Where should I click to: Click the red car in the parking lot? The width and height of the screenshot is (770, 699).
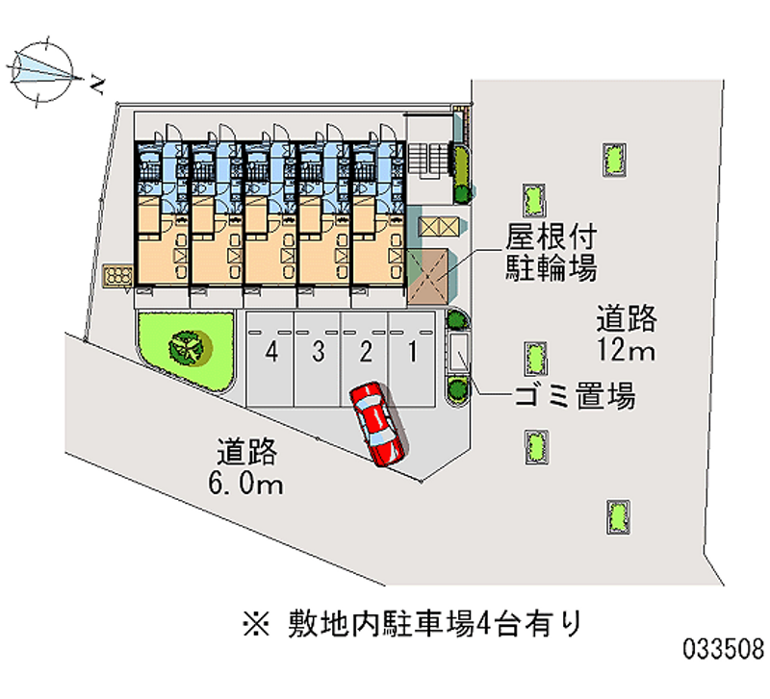click(377, 424)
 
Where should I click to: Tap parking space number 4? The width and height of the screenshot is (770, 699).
click(270, 359)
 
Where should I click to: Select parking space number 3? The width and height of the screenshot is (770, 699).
click(318, 359)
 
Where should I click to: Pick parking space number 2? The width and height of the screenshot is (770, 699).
click(365, 359)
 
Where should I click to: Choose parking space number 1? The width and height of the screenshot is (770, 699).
click(412, 359)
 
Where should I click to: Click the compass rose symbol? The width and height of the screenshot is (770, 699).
click(42, 72)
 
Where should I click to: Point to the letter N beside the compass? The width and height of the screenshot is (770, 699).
click(98, 85)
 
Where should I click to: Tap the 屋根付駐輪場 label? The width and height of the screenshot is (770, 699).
click(552, 252)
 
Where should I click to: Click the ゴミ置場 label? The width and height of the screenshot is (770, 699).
click(575, 395)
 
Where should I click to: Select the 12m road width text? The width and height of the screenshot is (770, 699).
click(626, 350)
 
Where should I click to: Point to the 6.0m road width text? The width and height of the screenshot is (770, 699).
click(245, 484)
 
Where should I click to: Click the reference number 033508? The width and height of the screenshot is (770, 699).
click(724, 649)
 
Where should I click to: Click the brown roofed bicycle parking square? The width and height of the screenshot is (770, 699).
click(427, 276)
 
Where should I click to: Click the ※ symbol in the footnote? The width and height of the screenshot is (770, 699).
click(256, 624)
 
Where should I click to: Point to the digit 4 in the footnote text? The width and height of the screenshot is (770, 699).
click(484, 624)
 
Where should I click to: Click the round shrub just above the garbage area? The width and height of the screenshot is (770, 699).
click(456, 319)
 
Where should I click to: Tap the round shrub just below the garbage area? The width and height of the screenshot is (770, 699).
click(457, 388)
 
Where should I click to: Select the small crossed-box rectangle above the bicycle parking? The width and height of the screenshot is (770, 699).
click(438, 227)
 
